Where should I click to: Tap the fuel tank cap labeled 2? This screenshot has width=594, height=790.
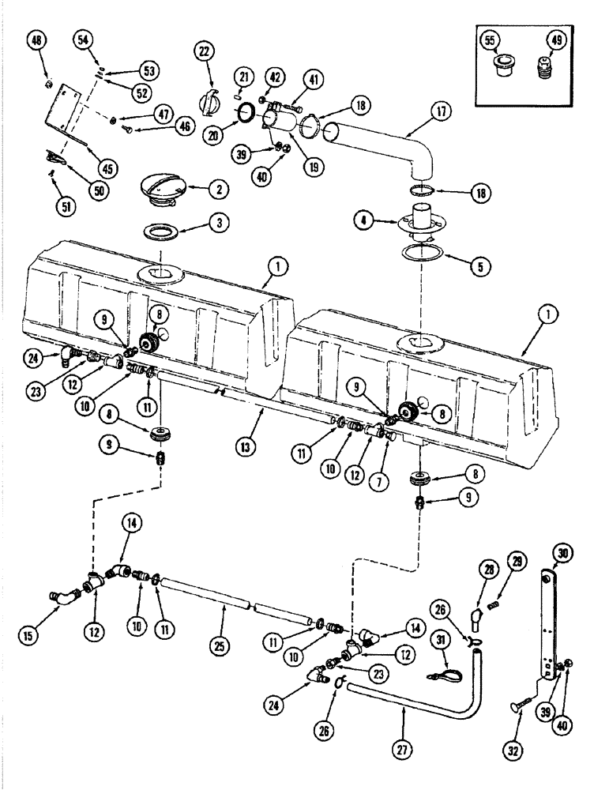tap(166, 190)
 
